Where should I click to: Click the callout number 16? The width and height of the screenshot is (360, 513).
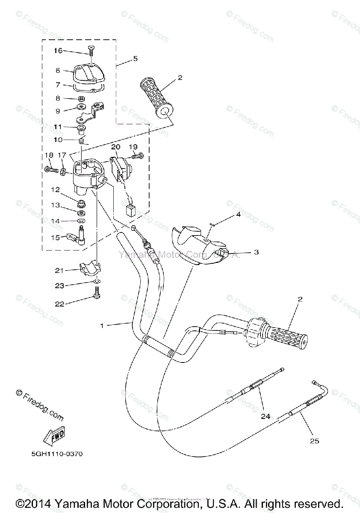(x=58, y=51)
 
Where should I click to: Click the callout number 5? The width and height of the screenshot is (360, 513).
(x=135, y=58)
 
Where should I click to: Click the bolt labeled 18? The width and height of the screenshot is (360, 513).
(x=51, y=169)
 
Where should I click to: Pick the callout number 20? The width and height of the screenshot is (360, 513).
(x=115, y=147)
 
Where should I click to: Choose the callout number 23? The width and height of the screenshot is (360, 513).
(x=59, y=286)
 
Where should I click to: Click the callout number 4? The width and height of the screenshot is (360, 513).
(x=239, y=215)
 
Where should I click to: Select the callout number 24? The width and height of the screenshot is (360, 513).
(x=266, y=416)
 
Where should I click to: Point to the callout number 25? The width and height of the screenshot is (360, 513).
(x=314, y=441)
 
